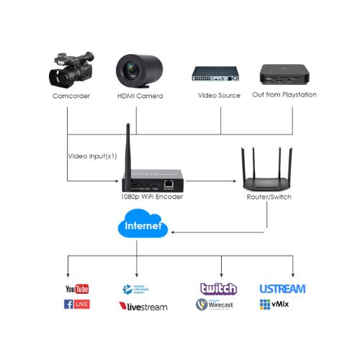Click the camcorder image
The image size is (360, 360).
pos(70,70)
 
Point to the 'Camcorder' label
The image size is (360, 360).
pos(71,96)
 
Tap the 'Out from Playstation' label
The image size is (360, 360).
pos(285,95)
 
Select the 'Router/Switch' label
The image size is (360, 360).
pos(263,196)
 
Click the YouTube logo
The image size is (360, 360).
pos(78,289)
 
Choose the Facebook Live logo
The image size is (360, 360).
pos(78,305)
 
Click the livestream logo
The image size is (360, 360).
pos(143,306)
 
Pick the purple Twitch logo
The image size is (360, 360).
pos(218,289)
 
